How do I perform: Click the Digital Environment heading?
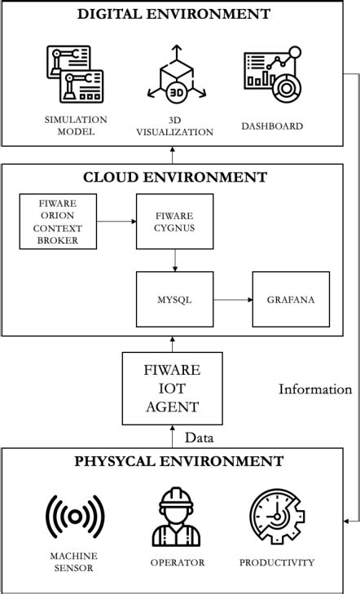173,14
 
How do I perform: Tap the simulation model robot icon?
75,76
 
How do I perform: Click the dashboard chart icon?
272,75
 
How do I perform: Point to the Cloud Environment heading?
174,177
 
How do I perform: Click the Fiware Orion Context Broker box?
58,221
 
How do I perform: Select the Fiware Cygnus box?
174,221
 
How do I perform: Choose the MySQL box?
174,299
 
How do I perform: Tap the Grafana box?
291,299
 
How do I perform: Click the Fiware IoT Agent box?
172,388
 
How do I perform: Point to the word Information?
315,389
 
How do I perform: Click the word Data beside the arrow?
199,438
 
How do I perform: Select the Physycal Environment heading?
179,462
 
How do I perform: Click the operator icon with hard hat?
176,517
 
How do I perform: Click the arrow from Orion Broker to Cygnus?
116,221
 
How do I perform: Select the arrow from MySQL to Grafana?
233,299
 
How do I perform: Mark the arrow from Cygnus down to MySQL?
174,260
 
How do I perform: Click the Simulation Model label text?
75,125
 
